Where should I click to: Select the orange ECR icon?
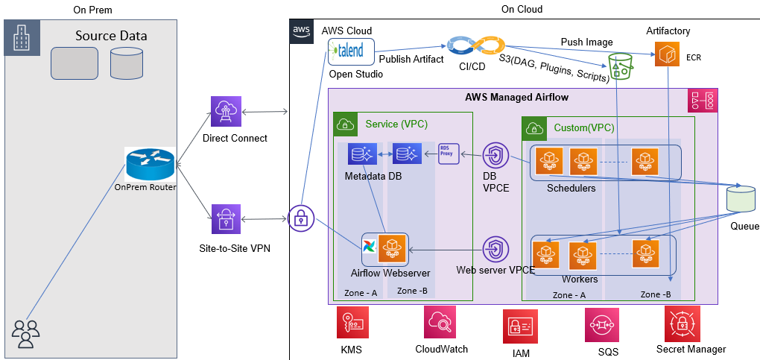[x=667, y=55]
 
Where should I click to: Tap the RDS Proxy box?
[x=447, y=154]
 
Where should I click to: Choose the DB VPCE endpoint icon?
[x=495, y=157]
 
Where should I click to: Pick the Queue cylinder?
[x=741, y=200]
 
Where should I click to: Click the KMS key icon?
[x=351, y=324]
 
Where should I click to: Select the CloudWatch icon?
[x=439, y=323]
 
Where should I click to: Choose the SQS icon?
[x=601, y=325]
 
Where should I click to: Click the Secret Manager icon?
[x=683, y=323]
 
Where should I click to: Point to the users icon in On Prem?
[x=26, y=333]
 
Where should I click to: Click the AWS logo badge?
[x=301, y=31]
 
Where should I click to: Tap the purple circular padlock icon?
[x=300, y=218]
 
